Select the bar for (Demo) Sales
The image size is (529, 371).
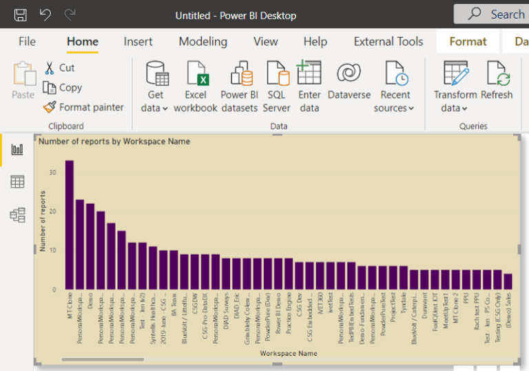coord(508,282)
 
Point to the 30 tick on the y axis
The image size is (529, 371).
coord(53,173)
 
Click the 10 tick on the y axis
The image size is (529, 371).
coord(53,251)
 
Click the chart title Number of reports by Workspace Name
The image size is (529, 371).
coord(114,142)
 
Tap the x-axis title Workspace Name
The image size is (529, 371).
coord(289,353)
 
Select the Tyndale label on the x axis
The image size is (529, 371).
coord(404,306)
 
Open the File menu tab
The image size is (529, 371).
coord(27,42)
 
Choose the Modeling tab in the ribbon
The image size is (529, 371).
coord(203,42)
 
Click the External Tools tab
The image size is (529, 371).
coord(388,42)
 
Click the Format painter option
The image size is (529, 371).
coord(83,107)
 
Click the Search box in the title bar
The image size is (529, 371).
coord(492,14)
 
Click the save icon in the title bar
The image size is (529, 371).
coord(21,14)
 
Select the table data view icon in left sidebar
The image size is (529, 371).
coord(17,182)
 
